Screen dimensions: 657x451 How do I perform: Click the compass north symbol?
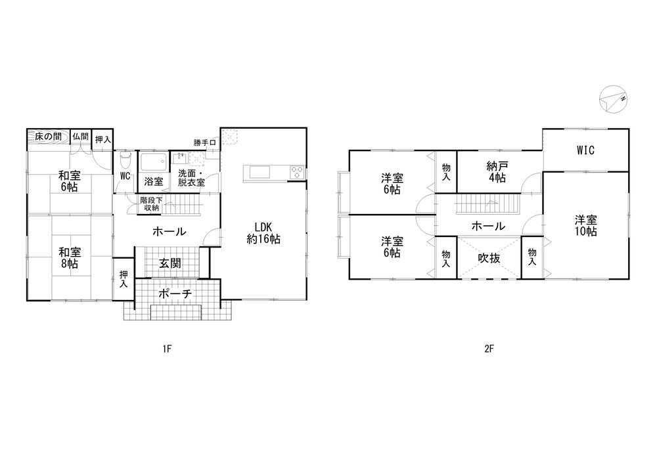pyautogui.click(x=613, y=99)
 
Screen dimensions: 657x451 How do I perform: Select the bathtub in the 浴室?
pyautogui.click(x=154, y=161)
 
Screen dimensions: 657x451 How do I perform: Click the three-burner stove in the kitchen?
pyautogui.click(x=297, y=172)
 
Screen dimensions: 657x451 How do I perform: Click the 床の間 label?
pyautogui.click(x=48, y=136)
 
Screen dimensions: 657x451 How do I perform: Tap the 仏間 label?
pyautogui.click(x=80, y=136)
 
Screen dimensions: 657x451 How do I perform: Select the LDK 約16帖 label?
pyautogui.click(x=263, y=233)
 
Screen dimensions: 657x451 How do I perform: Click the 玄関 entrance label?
pyautogui.click(x=170, y=263)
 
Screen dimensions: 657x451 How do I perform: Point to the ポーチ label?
pyautogui.click(x=175, y=293)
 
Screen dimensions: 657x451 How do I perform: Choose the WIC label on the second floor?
pyautogui.click(x=585, y=150)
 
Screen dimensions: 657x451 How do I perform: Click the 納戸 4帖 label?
pyautogui.click(x=497, y=172)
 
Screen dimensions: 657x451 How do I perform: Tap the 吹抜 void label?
pyautogui.click(x=489, y=258)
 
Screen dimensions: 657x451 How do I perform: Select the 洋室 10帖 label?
pyautogui.click(x=586, y=225)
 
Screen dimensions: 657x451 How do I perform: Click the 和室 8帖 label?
pyautogui.click(x=70, y=258)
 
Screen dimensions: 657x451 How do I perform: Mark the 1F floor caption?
pyautogui.click(x=167, y=349)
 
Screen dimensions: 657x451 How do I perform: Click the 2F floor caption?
pyautogui.click(x=489, y=349)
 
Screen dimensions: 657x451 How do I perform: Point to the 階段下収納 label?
pyautogui.click(x=150, y=204)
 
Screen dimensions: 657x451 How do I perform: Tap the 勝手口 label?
pyautogui.click(x=204, y=142)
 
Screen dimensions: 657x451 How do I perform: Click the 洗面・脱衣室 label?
pyautogui.click(x=191, y=177)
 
